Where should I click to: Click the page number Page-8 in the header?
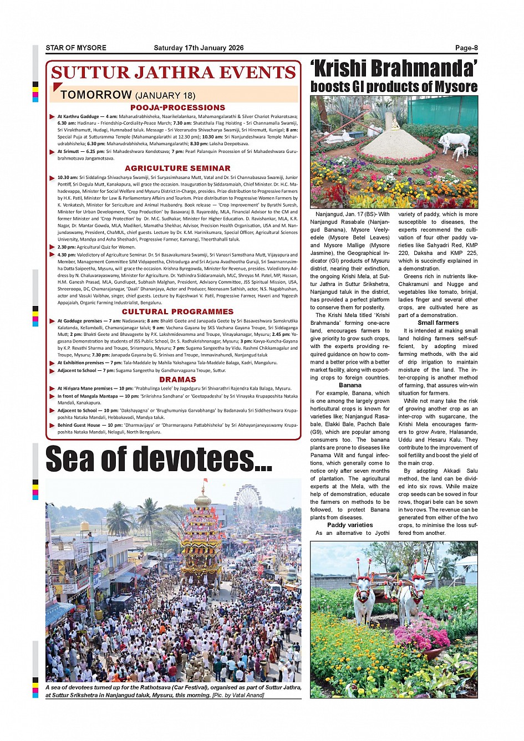(x=466, y=48)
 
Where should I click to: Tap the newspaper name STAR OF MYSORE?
(x=76, y=48)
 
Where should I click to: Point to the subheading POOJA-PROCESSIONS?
(x=177, y=108)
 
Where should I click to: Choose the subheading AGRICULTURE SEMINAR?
(x=177, y=168)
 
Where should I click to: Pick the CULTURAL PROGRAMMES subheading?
(x=177, y=311)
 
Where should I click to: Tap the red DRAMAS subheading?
(x=177, y=380)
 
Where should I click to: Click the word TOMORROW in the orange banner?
(x=96, y=95)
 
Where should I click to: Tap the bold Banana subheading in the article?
(x=350, y=385)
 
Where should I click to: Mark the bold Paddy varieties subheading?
(x=350, y=525)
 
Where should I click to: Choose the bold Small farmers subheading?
(x=438, y=323)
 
